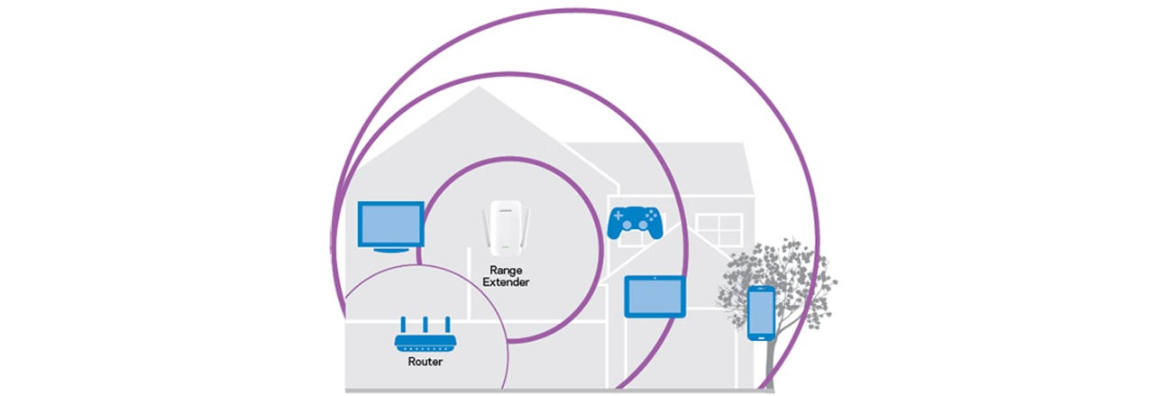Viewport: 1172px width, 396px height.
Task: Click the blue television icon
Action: [x=390, y=223]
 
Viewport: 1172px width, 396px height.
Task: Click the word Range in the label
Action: [x=507, y=270]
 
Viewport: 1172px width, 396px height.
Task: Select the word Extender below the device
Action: [x=507, y=282]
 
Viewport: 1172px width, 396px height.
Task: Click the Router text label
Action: [x=425, y=363]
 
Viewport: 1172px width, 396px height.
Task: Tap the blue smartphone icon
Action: [x=761, y=312]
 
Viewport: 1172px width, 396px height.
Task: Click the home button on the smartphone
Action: [x=761, y=336]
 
